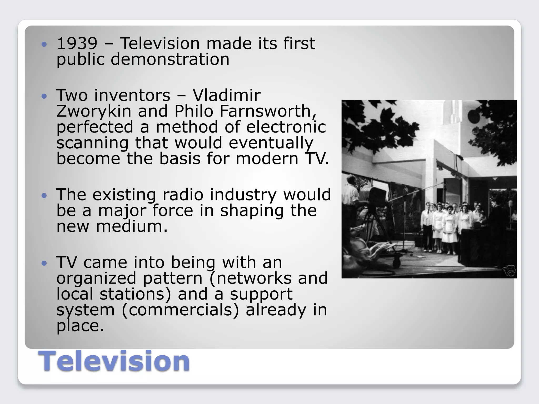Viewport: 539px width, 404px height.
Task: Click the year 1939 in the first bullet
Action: (x=77, y=43)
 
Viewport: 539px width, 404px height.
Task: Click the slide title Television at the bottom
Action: (x=114, y=361)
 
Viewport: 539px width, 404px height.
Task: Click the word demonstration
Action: (x=170, y=59)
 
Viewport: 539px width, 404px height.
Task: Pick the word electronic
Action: (x=286, y=127)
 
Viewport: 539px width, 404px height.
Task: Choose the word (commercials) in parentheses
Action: (x=180, y=310)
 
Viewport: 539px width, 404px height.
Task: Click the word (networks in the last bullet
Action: (x=250, y=278)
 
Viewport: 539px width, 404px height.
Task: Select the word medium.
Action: (x=132, y=226)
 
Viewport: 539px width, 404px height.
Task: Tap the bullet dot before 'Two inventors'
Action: (x=44, y=96)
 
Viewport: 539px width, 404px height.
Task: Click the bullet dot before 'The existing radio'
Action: (x=44, y=195)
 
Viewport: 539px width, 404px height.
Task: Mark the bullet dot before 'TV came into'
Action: (x=44, y=263)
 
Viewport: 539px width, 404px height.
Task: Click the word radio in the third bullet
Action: (x=183, y=195)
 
